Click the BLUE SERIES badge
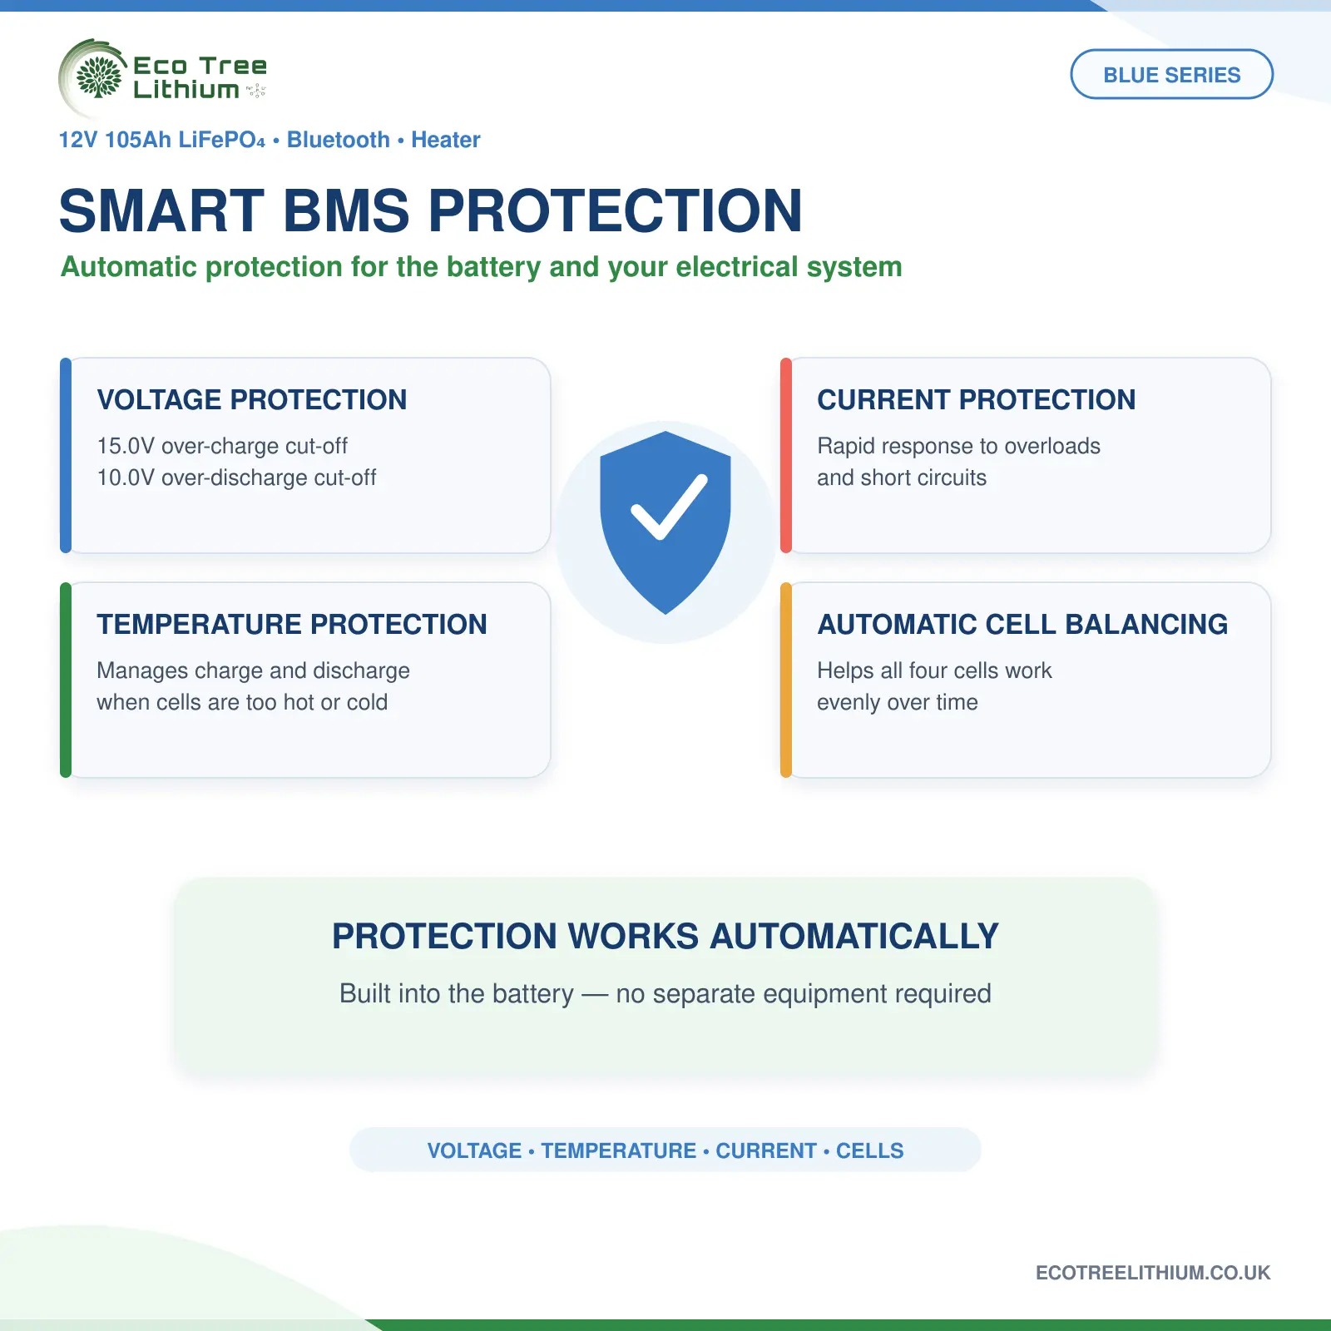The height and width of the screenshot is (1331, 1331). click(1171, 74)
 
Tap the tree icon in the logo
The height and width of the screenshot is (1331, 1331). click(98, 77)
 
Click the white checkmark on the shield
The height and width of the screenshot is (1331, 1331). click(669, 507)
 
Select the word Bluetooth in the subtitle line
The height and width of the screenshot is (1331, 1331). click(339, 140)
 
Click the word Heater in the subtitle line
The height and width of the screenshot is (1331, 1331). click(446, 140)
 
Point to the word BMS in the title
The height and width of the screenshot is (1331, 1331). click(347, 210)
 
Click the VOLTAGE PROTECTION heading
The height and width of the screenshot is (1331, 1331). click(252, 399)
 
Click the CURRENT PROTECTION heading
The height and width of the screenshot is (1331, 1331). click(976, 399)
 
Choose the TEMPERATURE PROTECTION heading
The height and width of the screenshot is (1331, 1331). click(292, 624)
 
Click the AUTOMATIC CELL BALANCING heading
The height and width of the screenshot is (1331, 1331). click(1022, 624)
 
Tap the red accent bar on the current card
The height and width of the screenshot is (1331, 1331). click(786, 455)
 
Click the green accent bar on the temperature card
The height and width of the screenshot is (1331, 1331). click(66, 680)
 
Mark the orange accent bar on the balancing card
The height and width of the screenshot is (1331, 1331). click(786, 680)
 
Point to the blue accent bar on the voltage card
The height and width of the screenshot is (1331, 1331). click(66, 455)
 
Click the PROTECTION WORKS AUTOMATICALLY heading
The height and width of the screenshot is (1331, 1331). click(665, 936)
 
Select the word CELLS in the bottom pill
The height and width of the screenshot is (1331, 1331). click(869, 1150)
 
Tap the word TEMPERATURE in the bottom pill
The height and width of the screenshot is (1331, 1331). click(619, 1150)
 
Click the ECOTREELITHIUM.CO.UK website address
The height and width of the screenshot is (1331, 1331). click(1153, 1273)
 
